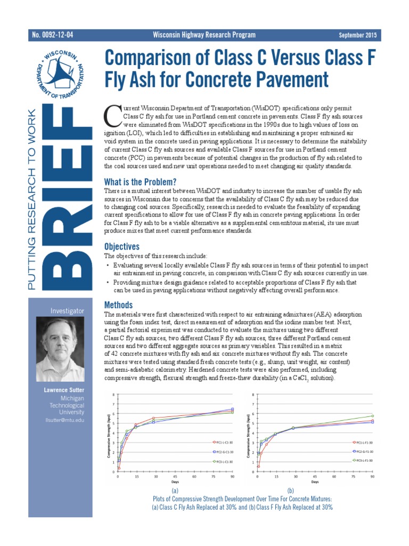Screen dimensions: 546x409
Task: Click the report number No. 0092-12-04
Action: (52, 35)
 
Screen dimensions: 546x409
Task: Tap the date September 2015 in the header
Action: (357, 35)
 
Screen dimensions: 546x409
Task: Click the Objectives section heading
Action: (121, 246)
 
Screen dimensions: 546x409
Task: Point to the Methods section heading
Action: (118, 305)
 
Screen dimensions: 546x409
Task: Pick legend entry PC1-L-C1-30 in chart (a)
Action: (223, 441)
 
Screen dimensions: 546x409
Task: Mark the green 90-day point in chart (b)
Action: (373, 416)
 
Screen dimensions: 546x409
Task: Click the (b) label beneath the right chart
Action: (291, 490)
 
